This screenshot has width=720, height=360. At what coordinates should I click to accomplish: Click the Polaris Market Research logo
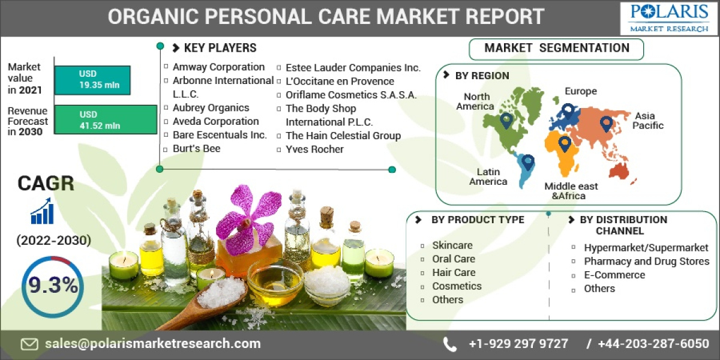click(x=668, y=18)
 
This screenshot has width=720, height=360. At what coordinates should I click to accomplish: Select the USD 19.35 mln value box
click(x=92, y=80)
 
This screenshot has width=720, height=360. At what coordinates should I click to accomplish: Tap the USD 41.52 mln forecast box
click(x=92, y=120)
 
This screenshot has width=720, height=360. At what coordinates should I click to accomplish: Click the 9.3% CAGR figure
click(x=53, y=286)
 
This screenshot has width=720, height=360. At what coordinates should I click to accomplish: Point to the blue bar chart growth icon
click(x=42, y=212)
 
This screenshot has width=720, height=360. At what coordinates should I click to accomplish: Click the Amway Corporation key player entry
click(x=218, y=67)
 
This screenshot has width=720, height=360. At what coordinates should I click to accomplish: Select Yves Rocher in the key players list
click(x=314, y=149)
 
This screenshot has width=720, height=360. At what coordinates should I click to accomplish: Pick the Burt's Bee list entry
click(x=196, y=148)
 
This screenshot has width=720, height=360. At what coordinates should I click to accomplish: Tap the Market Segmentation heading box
click(x=556, y=49)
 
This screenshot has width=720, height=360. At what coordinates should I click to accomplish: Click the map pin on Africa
click(x=564, y=143)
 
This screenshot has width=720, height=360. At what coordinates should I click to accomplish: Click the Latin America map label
click(x=488, y=176)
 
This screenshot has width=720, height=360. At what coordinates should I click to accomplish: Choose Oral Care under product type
click(x=453, y=259)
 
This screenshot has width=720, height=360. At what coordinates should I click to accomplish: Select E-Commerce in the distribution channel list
click(x=614, y=275)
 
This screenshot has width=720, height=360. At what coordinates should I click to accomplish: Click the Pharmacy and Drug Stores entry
click(x=646, y=261)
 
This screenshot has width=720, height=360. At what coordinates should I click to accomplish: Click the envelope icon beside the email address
click(x=29, y=344)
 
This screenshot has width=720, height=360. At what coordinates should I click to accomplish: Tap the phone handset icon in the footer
click(x=449, y=344)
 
